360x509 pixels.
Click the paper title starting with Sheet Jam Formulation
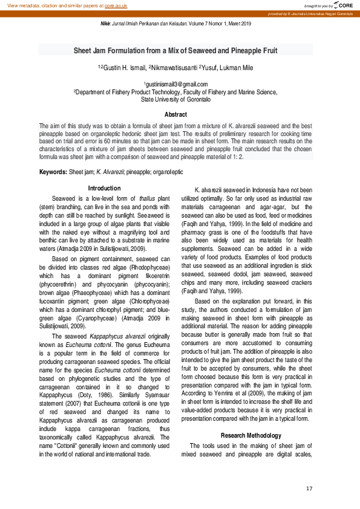click(x=175, y=51)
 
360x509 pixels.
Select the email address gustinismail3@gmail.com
click(x=175, y=84)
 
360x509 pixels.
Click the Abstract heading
click(x=175, y=114)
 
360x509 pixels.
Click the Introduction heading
click(x=104, y=189)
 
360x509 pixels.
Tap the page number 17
click(x=309, y=488)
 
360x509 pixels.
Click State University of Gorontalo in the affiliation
click(x=175, y=99)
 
